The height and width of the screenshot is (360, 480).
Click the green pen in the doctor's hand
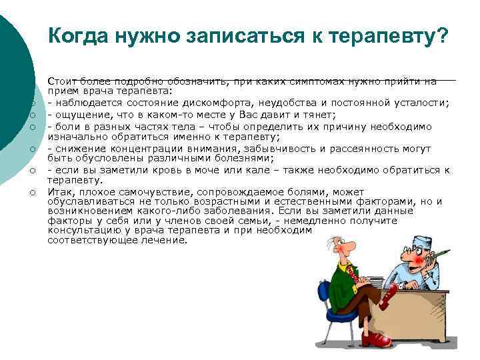(441, 258)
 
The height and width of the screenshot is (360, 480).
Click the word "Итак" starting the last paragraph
(59, 192)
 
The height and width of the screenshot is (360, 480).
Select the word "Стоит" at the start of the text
(61, 81)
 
